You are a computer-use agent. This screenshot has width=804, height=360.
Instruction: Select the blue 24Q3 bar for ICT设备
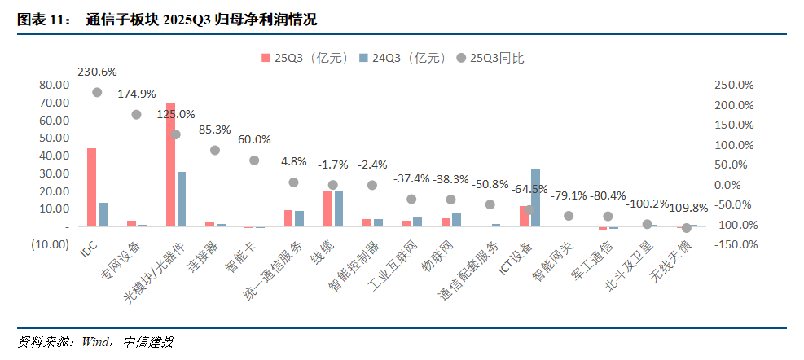click(x=535, y=197)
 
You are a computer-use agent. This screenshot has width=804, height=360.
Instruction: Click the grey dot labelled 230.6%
click(x=97, y=93)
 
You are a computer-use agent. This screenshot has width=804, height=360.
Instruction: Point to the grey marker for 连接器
click(x=215, y=151)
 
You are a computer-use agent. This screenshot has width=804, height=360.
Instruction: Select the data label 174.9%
click(x=137, y=94)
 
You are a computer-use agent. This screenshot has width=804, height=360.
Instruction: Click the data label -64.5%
click(x=529, y=189)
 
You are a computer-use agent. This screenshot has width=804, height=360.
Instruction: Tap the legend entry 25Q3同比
click(x=496, y=58)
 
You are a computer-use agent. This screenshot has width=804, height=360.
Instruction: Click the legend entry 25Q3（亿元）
click(x=305, y=58)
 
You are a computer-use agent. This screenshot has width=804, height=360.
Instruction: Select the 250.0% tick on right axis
click(x=736, y=85)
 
